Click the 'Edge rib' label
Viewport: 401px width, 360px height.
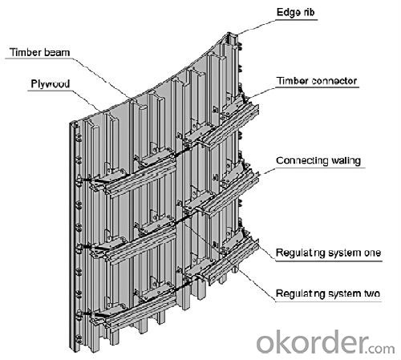click(295, 12)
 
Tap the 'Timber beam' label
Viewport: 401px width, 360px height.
click(39, 52)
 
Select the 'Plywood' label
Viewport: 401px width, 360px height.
click(51, 84)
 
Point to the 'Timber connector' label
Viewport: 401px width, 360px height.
click(317, 81)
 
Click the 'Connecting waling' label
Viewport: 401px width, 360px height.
click(318, 161)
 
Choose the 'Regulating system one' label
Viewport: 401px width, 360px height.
click(328, 253)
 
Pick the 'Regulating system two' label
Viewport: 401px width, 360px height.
click(328, 293)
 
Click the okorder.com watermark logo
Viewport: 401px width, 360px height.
click(326, 342)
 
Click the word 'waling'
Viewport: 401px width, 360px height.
click(346, 161)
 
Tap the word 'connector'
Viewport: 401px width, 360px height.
click(334, 81)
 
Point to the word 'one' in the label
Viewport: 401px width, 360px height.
click(372, 253)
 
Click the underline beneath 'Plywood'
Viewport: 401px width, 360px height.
click(51, 91)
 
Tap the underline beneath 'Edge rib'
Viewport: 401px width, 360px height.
click(297, 19)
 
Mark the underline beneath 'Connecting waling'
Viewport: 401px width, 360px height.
click(320, 168)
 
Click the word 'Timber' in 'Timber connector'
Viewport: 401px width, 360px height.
click(293, 81)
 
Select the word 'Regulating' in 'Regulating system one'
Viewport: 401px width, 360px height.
click(299, 253)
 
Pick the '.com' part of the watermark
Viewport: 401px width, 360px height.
click(381, 349)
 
